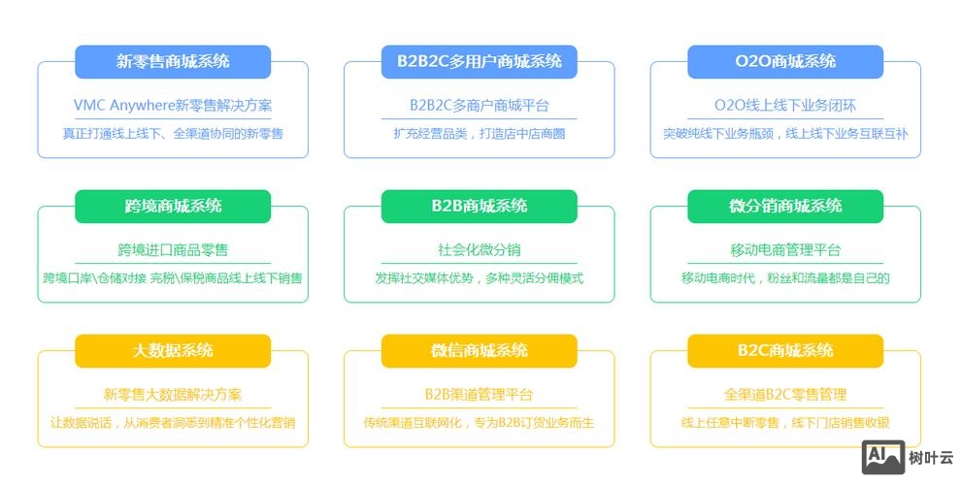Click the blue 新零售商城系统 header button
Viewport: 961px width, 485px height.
(173, 61)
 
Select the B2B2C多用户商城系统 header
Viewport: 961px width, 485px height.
(479, 61)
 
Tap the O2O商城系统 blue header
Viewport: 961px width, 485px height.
(785, 61)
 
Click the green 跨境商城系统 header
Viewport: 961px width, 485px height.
(173, 206)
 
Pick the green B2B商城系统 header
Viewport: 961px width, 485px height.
(479, 206)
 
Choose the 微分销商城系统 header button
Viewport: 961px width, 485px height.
(785, 206)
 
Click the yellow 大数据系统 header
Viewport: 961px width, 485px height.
(173, 350)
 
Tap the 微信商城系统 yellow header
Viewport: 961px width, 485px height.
(479, 350)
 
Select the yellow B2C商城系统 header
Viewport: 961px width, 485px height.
(785, 350)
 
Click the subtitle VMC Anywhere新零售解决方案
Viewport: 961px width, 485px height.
(173, 105)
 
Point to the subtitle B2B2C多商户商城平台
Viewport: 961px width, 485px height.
(479, 105)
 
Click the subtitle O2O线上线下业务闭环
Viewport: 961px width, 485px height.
(785, 105)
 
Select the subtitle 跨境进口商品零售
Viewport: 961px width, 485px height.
(173, 249)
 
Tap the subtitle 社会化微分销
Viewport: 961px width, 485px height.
(479, 249)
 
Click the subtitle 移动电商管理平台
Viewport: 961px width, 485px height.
(785, 249)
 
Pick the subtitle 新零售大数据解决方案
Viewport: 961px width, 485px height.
(173, 395)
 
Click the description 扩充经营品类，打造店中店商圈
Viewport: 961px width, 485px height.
(479, 133)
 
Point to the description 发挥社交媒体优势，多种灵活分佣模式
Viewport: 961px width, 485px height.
(479, 277)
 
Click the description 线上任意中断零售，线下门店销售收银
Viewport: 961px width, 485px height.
(785, 422)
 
